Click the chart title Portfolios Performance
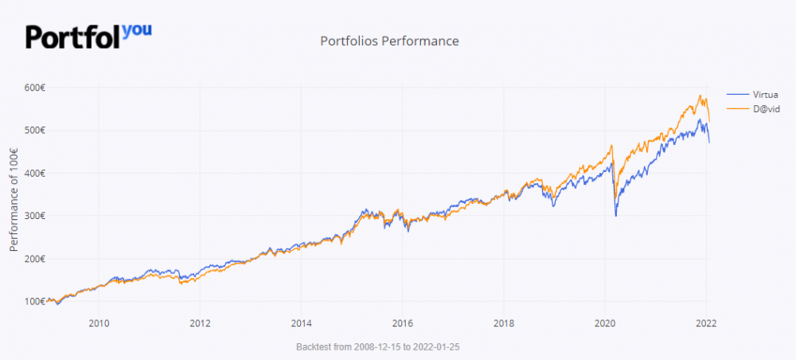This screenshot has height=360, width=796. [389, 41]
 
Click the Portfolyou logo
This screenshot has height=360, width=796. [88, 36]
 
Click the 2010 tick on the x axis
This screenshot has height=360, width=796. [99, 323]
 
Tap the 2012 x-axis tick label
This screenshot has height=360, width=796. [200, 323]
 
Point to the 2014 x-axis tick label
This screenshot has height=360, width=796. [301, 323]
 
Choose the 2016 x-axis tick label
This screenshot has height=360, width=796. [402, 323]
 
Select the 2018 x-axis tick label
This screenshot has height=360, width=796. [503, 323]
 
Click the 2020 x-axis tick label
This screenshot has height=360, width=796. [605, 323]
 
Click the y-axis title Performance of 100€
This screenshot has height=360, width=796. [14, 194]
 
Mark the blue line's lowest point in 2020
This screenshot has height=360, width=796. [616, 216]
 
